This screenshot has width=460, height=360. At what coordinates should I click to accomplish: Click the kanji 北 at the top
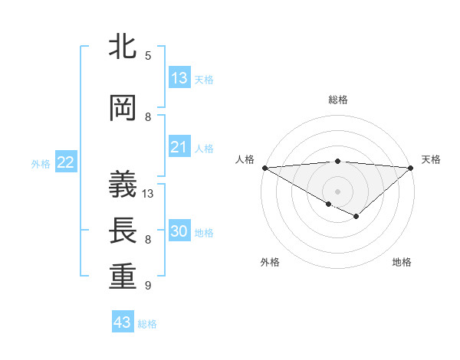[123, 47]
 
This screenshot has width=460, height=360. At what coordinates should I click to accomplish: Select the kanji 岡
[123, 109]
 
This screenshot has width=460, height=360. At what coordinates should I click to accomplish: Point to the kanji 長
[123, 231]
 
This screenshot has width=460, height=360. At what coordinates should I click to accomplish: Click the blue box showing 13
[179, 78]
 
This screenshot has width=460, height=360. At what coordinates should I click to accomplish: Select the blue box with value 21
[179, 147]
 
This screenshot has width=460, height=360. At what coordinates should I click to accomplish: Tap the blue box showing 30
[179, 231]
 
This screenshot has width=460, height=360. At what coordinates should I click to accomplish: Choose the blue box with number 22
[66, 162]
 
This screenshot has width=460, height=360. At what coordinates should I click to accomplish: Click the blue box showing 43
[123, 322]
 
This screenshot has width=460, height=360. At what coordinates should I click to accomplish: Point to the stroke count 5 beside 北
[148, 56]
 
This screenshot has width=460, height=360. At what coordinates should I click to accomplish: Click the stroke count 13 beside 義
[148, 194]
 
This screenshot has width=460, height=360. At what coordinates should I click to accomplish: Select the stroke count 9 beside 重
[148, 286]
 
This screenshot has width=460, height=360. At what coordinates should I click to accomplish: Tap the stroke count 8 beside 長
[148, 240]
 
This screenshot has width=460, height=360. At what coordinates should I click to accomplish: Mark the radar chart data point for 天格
[411, 167]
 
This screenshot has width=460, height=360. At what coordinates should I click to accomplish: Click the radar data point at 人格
[264, 167]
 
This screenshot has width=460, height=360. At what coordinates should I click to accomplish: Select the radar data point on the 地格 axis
[356, 217]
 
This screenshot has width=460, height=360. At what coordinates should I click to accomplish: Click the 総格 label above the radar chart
[337, 100]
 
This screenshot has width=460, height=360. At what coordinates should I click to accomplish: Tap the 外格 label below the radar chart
[270, 262]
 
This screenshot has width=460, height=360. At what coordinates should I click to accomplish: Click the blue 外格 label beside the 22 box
[41, 163]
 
